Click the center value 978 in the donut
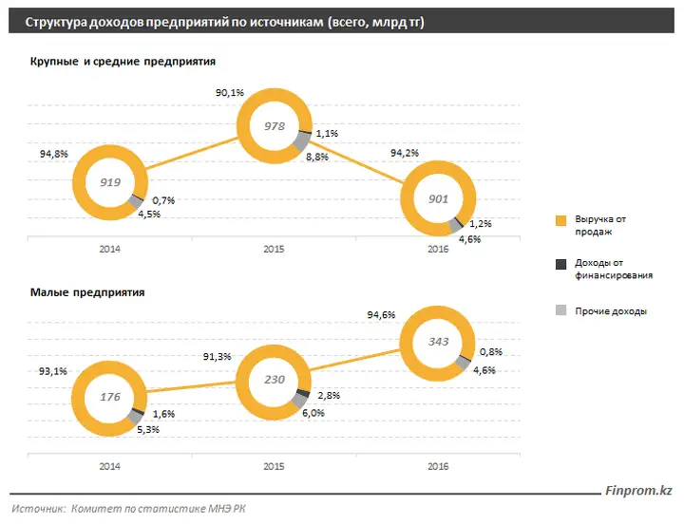coord(275,126)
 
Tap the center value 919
coord(110,182)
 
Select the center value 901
coord(438,198)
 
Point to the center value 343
coord(438,342)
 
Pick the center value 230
coord(275,380)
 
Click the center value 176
coord(110,397)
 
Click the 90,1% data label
coord(230,92)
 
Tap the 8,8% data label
coord(317,157)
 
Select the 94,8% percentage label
coord(54,154)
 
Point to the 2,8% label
coord(329,396)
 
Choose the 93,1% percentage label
coord(53,371)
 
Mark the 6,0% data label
coord(313,413)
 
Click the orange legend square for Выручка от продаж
coord(561,220)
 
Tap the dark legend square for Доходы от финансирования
coord(561,264)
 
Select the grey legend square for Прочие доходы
coord(561,310)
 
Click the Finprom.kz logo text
coord(639,491)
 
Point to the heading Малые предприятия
coord(87,292)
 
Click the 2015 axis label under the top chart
coord(274,249)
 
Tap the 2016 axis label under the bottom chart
coord(438,466)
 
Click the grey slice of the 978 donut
coord(301,141)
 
